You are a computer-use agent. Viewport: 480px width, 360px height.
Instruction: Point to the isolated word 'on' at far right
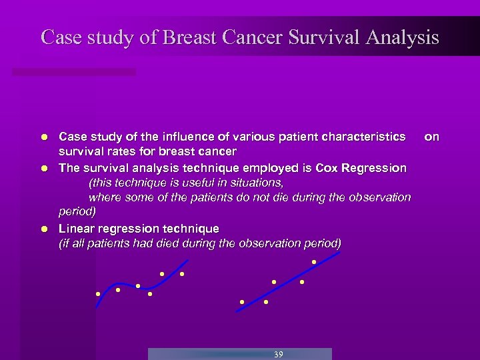point(432,137)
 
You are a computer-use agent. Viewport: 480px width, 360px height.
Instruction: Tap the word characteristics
point(363,137)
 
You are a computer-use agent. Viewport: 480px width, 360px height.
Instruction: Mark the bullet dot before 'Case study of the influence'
point(43,137)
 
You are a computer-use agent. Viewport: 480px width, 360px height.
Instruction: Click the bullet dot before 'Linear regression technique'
point(43,229)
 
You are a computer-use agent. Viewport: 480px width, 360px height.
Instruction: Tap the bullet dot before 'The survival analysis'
point(43,168)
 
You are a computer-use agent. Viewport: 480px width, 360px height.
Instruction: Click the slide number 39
point(279,354)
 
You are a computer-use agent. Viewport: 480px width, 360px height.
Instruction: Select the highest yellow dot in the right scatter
point(314,262)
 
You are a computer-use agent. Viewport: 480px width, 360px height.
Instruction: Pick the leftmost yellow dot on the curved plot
point(98,293)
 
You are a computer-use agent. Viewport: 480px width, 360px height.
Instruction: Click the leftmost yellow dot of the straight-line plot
point(242,302)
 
